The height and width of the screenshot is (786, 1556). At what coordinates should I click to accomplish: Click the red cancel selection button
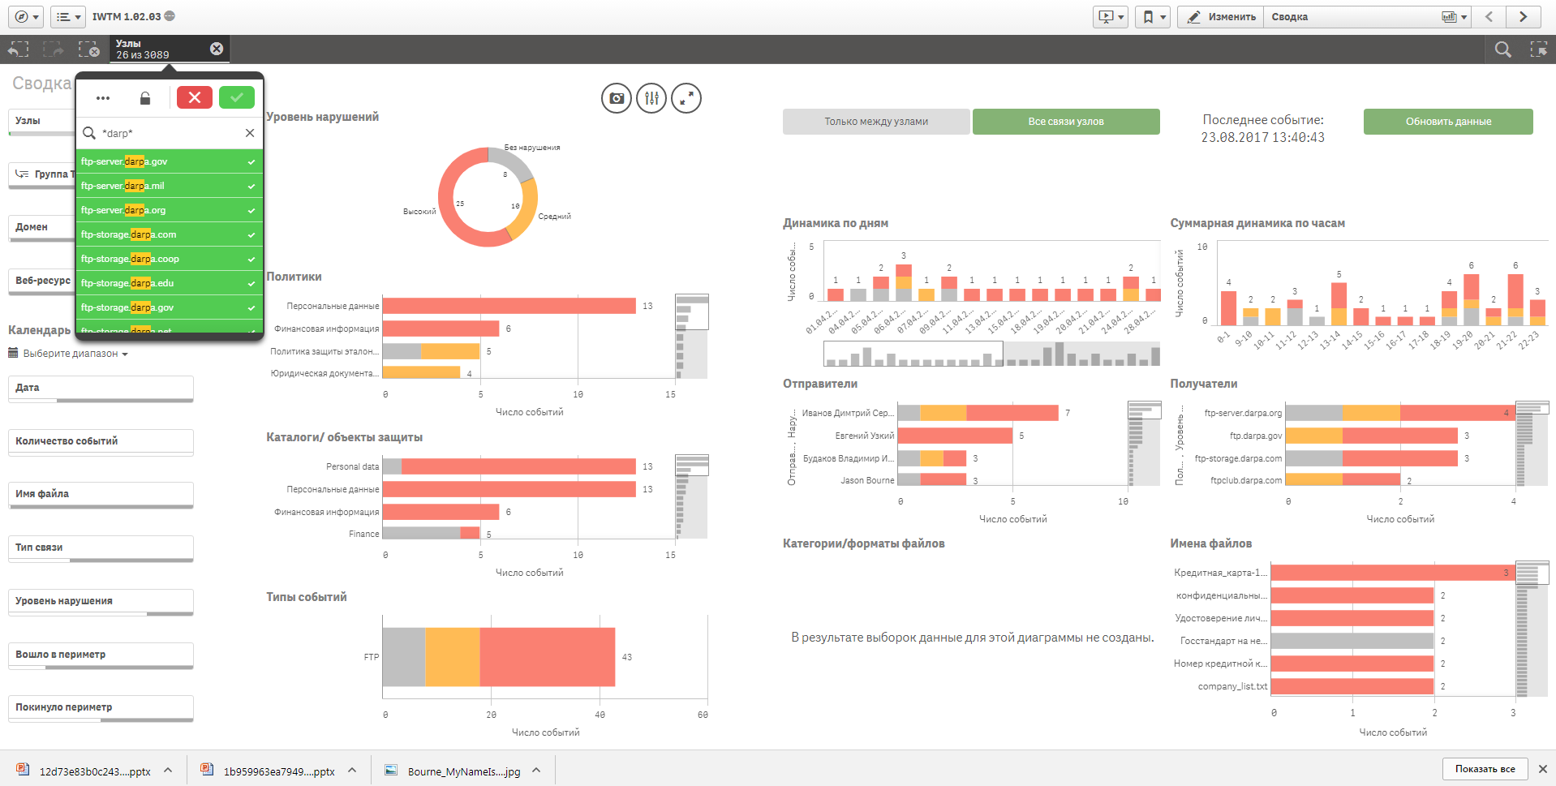(195, 97)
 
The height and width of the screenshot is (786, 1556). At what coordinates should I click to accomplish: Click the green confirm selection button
(237, 97)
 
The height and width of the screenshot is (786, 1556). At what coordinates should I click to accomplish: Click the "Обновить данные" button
(1448, 122)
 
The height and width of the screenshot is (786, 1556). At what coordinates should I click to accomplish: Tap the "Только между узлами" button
(876, 122)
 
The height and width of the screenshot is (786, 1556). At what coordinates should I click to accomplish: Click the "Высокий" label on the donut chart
(419, 212)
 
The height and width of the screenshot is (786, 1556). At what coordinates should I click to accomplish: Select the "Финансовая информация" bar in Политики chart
(441, 329)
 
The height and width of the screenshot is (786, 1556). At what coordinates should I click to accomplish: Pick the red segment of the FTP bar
(547, 657)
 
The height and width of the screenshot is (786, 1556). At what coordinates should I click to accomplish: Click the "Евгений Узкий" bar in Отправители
(955, 436)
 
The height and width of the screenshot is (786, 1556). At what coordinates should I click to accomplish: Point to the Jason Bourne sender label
(866, 480)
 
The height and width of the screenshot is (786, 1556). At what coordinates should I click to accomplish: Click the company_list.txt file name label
(1232, 686)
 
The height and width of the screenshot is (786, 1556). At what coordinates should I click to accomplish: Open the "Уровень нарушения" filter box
(101, 601)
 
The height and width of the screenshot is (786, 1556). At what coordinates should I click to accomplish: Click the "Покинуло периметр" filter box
(101, 707)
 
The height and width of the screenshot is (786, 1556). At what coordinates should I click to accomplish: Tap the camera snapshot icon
(617, 98)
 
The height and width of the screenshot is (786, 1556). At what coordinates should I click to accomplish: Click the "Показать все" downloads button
(1485, 769)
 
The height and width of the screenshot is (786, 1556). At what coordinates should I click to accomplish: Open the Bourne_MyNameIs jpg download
(463, 771)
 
